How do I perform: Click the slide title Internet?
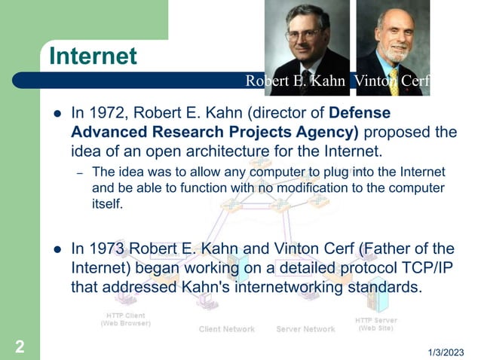[x=93, y=56]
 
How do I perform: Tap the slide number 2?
[x=19, y=346]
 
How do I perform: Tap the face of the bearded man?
[x=397, y=35]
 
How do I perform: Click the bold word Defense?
[x=360, y=114]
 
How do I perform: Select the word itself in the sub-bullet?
[x=106, y=203]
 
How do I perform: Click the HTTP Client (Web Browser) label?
[x=125, y=319]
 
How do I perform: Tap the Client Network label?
[x=226, y=329]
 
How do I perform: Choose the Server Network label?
[x=305, y=329]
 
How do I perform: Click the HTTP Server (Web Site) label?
[x=376, y=324]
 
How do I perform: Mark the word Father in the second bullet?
[x=384, y=249]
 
